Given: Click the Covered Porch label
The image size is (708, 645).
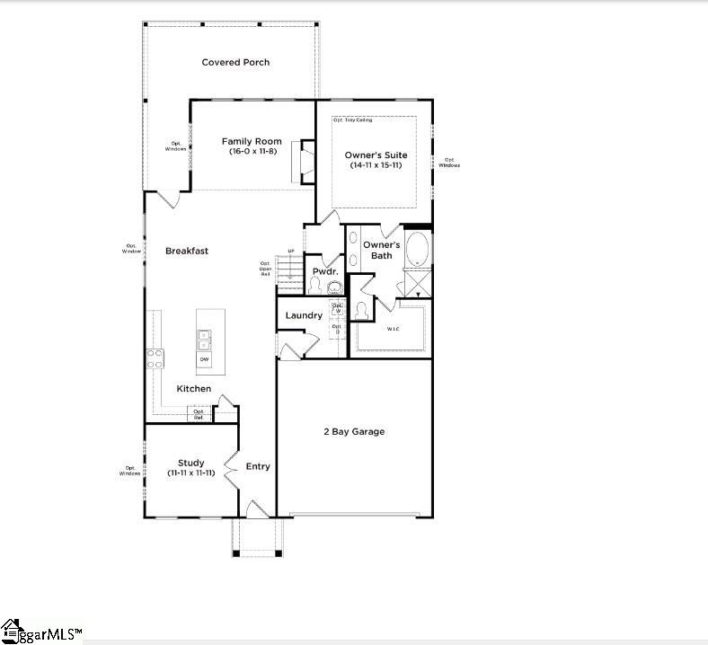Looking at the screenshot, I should (x=235, y=62).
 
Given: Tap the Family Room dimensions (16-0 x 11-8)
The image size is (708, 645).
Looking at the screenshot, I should (x=252, y=152).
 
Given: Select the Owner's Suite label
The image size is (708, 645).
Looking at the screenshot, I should (x=376, y=155).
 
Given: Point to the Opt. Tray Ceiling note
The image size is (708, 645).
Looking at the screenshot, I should (x=352, y=119).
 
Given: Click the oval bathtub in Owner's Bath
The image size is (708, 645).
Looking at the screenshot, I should (x=418, y=249).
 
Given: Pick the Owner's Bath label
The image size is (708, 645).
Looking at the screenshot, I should (x=381, y=250).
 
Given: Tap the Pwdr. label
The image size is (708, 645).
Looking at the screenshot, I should (x=323, y=271).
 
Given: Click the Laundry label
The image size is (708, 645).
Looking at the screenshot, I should (x=304, y=315).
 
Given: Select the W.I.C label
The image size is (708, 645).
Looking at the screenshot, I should (x=394, y=329).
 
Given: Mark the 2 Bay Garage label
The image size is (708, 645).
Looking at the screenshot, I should (x=354, y=431).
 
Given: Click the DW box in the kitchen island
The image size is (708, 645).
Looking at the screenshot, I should (x=204, y=359).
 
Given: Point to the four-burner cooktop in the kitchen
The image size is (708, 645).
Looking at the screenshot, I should (x=155, y=358).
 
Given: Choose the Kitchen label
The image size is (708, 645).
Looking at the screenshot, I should (x=193, y=388).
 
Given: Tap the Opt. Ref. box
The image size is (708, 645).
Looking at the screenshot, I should (x=199, y=414).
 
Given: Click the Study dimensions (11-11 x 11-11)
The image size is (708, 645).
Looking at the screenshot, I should (x=191, y=473).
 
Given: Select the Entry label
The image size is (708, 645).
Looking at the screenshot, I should (x=258, y=466).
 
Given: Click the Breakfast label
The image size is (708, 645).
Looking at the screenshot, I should (x=187, y=251).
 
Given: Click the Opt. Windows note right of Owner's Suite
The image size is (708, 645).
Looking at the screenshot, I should (x=449, y=163).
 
